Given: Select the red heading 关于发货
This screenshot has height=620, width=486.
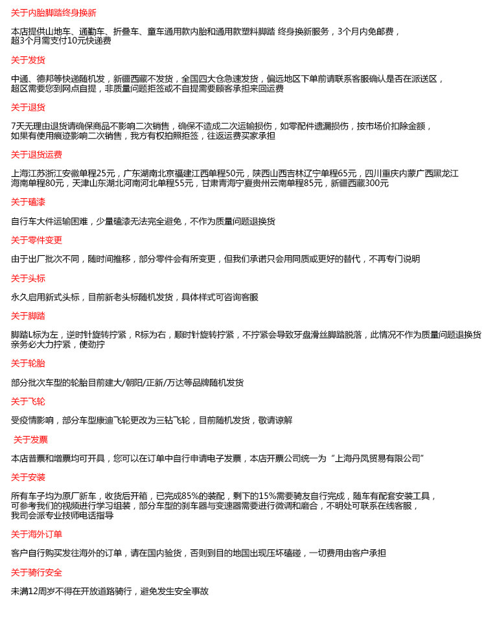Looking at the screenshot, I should coord(28,60).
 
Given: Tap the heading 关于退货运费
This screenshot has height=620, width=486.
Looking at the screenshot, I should coord(36,154).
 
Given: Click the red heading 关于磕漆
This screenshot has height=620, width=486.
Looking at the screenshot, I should coord(28,202).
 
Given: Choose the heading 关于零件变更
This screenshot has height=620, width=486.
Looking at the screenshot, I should coord(36,240).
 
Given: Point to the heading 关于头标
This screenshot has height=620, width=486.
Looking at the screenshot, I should coord(28,278).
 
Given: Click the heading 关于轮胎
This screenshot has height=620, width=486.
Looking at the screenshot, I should coord(28,363).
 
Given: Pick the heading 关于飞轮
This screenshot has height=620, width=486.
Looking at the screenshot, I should coord(28,401).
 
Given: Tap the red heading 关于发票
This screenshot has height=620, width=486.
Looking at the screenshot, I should coord(30,439).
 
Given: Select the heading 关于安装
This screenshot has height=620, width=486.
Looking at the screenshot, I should coord(28,477).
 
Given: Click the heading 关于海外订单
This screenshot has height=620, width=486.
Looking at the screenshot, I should coord(36,534).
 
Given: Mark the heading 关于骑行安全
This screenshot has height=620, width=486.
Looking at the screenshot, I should coord(36,572).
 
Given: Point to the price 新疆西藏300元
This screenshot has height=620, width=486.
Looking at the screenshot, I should coord(360,183).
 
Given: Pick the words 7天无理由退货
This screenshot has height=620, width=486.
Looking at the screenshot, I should coord(38,126).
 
